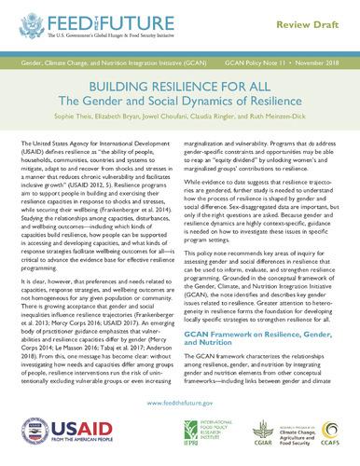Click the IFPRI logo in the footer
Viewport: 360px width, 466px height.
pyautogui.click(x=206, y=437)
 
